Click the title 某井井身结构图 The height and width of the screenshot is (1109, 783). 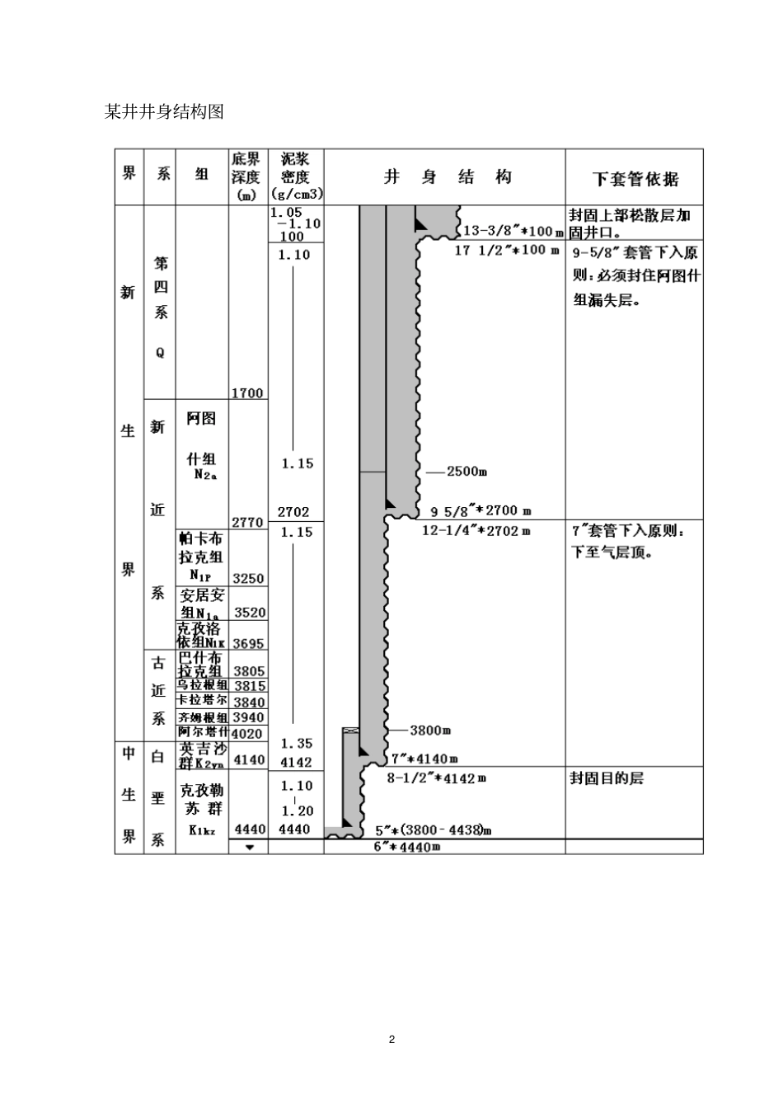[x=165, y=111]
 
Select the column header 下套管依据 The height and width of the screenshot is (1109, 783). [x=635, y=179]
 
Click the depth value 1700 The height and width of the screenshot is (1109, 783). [x=247, y=393]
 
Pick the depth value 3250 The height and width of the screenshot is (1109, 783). [x=248, y=579]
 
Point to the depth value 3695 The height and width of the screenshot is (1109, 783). [x=248, y=643]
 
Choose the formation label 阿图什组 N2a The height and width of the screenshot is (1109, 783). [x=201, y=445]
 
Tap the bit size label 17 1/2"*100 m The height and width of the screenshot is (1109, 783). [x=506, y=250]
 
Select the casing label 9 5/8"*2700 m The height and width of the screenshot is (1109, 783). [x=481, y=511]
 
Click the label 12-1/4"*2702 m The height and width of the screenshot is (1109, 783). [x=476, y=530]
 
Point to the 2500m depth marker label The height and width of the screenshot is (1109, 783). [x=467, y=472]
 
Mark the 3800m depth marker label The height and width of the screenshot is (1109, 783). [x=430, y=730]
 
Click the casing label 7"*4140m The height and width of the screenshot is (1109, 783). [x=424, y=759]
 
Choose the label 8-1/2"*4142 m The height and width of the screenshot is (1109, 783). [x=436, y=778]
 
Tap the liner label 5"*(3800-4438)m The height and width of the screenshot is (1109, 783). [x=434, y=829]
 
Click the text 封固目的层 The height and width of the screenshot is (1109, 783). [x=606, y=778]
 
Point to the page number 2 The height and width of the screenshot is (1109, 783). [x=391, y=1039]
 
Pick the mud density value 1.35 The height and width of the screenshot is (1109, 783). [x=296, y=744]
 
